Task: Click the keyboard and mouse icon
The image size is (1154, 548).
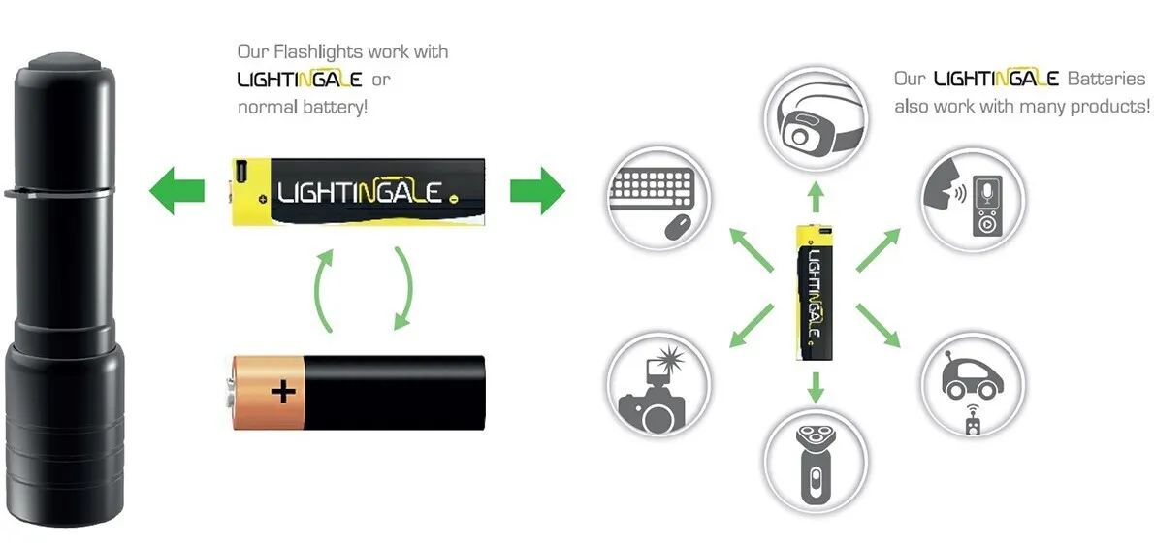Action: (657, 198)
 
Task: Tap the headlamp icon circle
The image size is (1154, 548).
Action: (815, 118)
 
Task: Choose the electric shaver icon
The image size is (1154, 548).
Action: (815, 464)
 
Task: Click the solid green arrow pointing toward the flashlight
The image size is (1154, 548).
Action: (176, 191)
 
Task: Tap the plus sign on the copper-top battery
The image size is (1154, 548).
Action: (282, 391)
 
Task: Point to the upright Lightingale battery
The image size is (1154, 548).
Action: (815, 293)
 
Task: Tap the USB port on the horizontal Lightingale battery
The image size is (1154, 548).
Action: (240, 173)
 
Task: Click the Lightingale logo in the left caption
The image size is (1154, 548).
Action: (299, 79)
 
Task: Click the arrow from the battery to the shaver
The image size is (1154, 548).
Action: (815, 388)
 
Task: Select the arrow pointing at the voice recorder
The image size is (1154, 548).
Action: (879, 249)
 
